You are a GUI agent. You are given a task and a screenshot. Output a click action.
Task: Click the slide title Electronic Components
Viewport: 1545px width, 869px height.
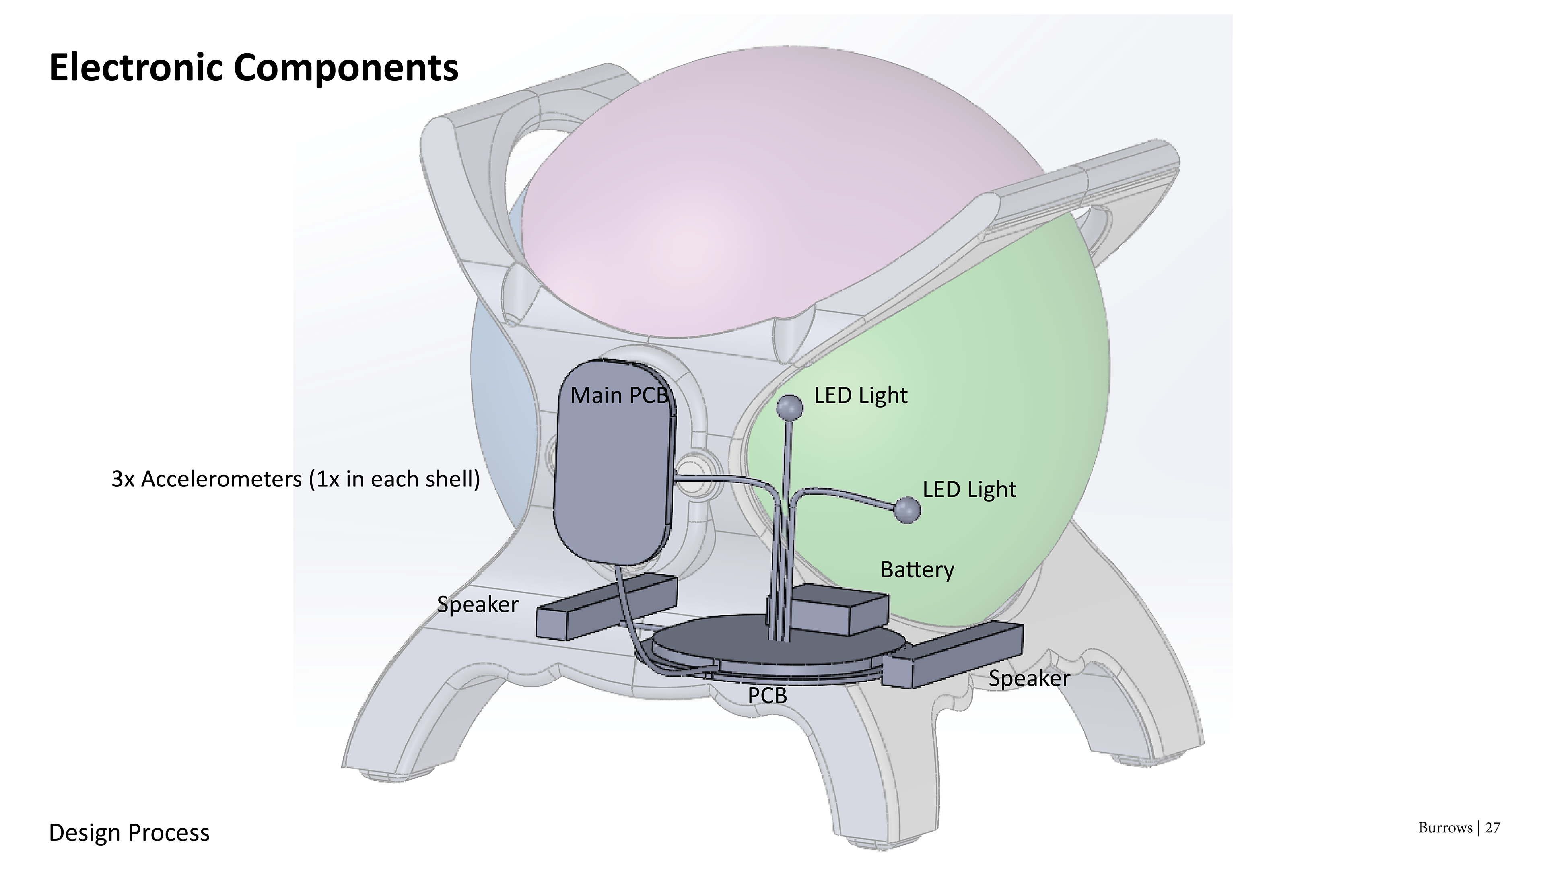coord(253,67)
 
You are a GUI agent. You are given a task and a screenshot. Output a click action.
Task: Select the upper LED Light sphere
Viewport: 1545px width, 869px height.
coord(789,408)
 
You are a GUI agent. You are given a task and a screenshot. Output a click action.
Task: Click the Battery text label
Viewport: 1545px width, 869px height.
coord(917,570)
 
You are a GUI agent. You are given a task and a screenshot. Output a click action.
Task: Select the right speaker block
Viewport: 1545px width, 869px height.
coord(954,655)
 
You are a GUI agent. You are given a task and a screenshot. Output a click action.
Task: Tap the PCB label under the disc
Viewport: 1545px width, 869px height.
coord(767,696)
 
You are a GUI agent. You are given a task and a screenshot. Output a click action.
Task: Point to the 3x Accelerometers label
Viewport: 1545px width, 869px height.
coord(296,479)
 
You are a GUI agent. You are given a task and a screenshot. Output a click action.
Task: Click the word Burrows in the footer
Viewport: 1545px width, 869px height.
coord(1445,828)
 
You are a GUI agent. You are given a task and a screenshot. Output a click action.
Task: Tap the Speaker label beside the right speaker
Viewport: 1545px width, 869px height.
coord(1029,679)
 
